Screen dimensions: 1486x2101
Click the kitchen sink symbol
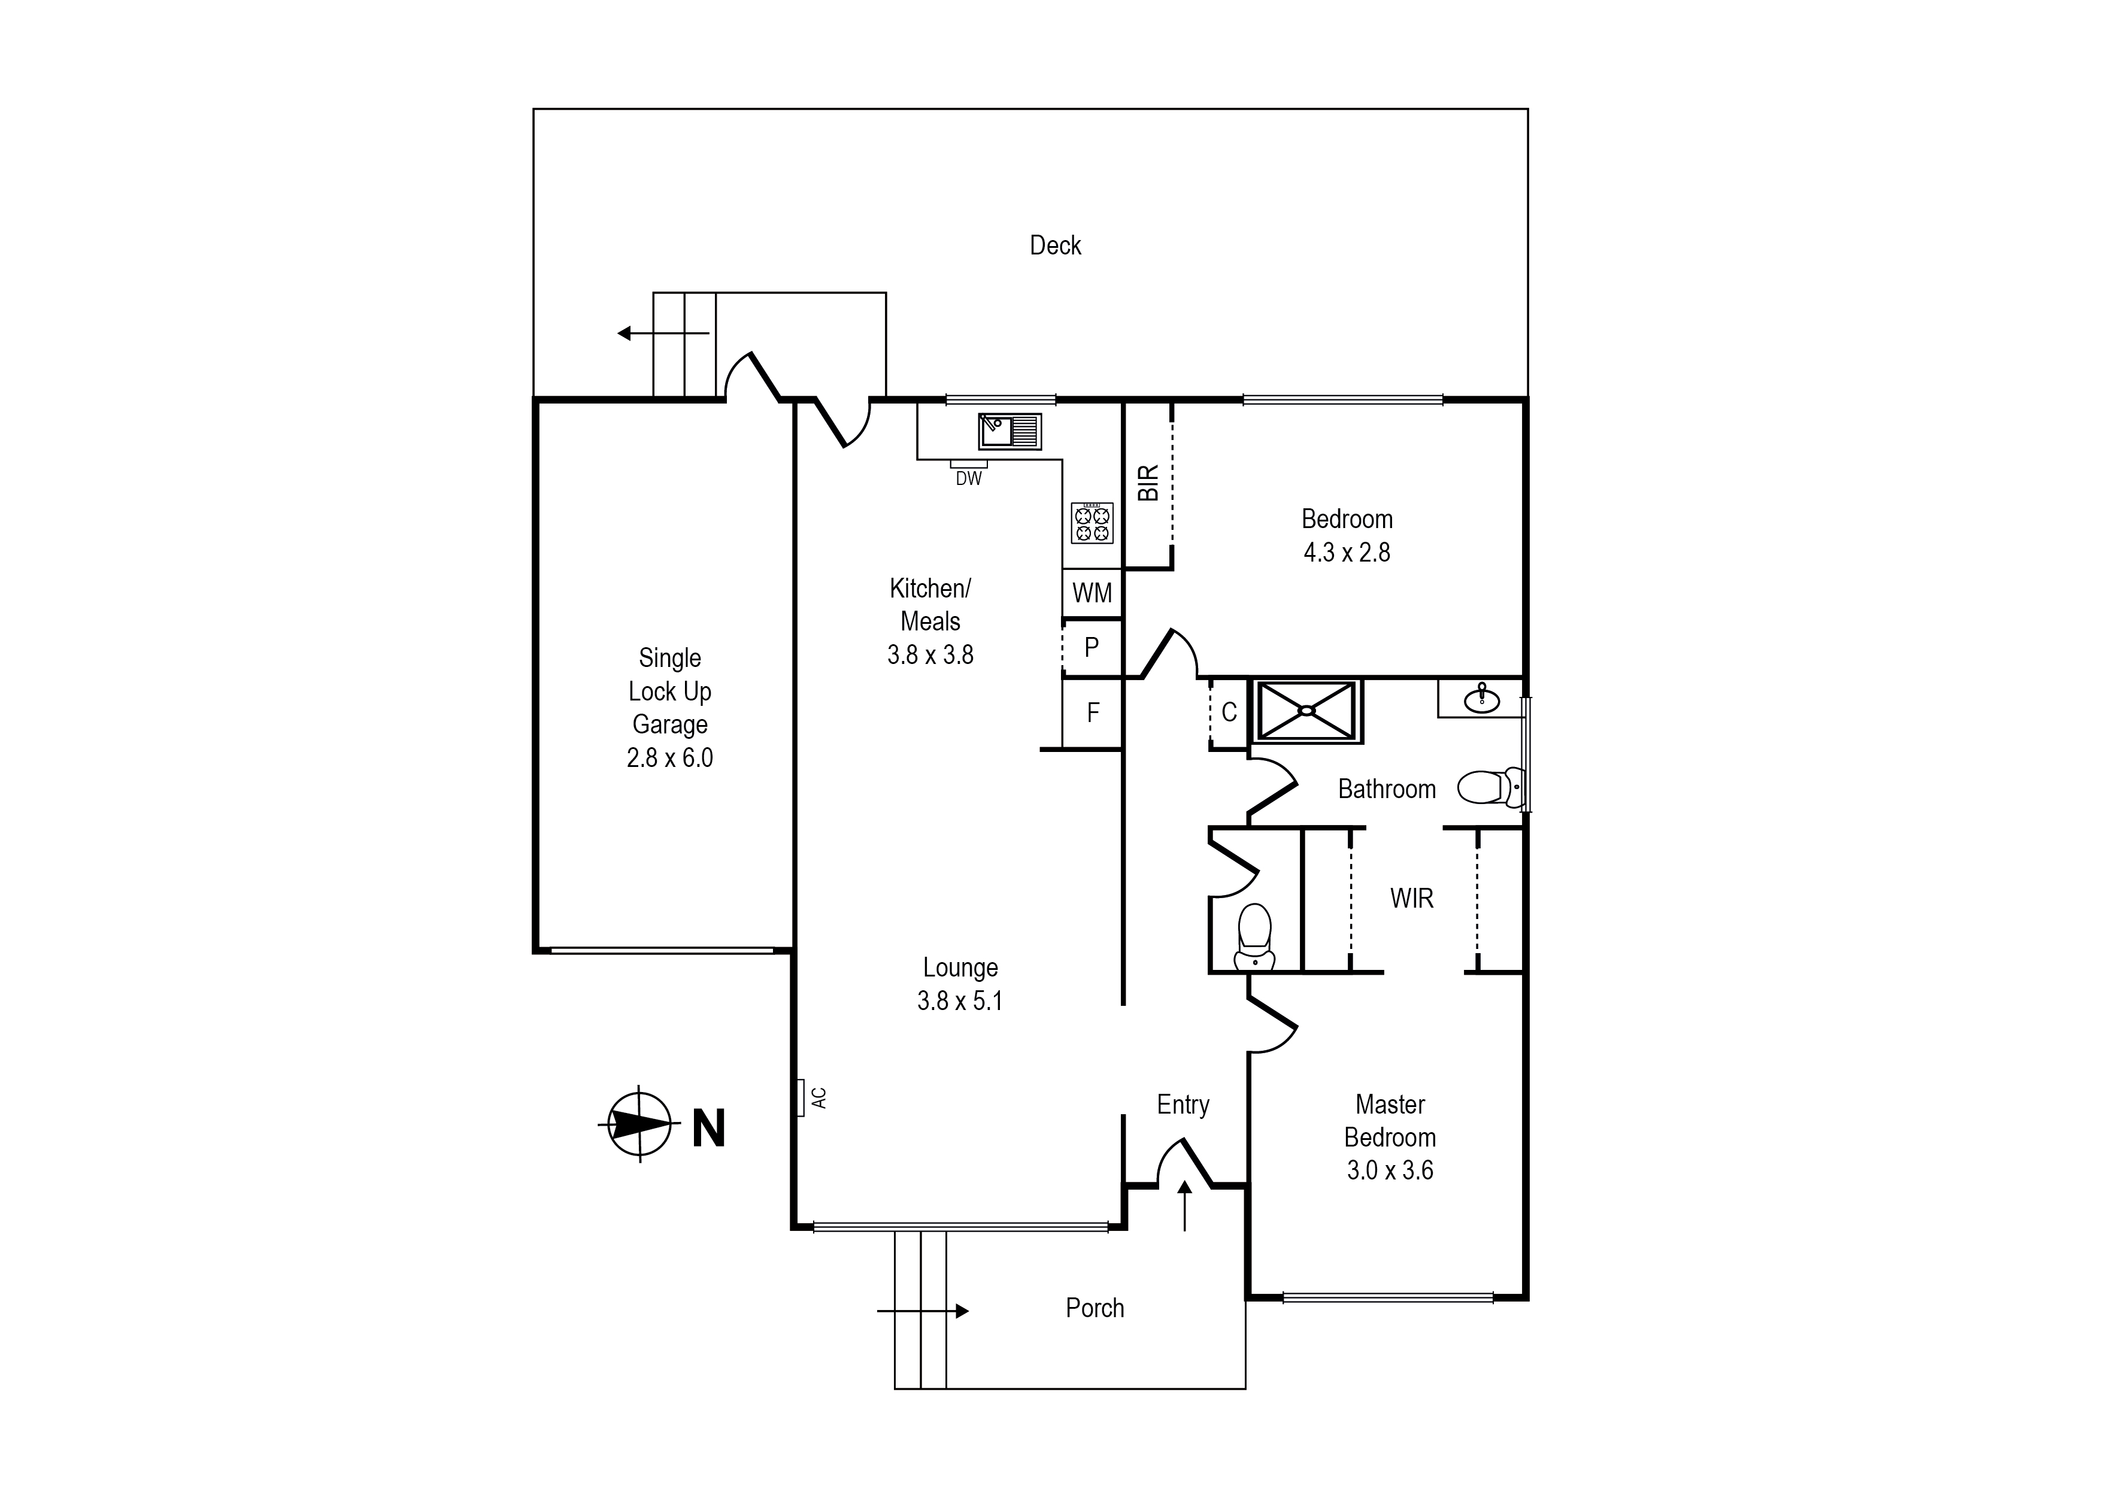pos(1009,431)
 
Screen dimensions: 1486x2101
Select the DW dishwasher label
pos(968,478)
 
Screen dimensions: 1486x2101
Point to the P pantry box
pos(1092,648)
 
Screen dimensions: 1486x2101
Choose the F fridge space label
pos(1093,713)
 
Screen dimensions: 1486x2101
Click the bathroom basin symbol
pos(1481,700)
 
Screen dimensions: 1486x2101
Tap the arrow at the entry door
pos(1184,1206)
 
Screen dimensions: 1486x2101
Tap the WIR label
pos(1411,899)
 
